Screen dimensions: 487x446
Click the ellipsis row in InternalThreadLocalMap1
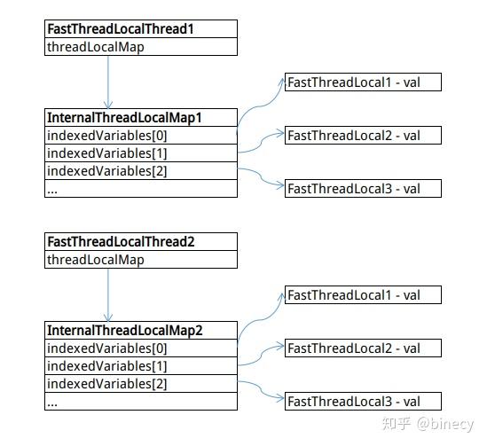point(141,188)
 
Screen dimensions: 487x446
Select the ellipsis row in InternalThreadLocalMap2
point(141,402)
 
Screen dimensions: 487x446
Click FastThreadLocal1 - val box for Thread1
point(363,82)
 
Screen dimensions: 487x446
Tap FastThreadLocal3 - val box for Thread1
point(363,188)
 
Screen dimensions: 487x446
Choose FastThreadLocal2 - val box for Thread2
point(363,348)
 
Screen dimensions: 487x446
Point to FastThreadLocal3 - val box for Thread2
point(363,402)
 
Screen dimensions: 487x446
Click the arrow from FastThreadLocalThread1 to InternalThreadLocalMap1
point(108,82)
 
